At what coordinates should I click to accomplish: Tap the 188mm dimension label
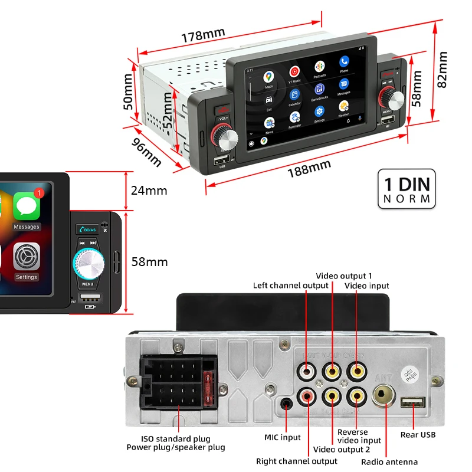pyautogui.click(x=309, y=169)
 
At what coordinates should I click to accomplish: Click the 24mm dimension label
pyautogui.click(x=149, y=191)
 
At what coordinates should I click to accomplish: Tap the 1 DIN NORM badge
pyautogui.click(x=407, y=189)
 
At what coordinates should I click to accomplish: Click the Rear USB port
pyautogui.click(x=412, y=402)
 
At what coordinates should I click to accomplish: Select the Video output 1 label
pyautogui.click(x=344, y=276)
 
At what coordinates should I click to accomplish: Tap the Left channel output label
pyautogui.click(x=290, y=286)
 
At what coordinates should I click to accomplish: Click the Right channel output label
pyautogui.click(x=296, y=461)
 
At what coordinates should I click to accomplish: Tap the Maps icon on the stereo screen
pyautogui.click(x=269, y=77)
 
